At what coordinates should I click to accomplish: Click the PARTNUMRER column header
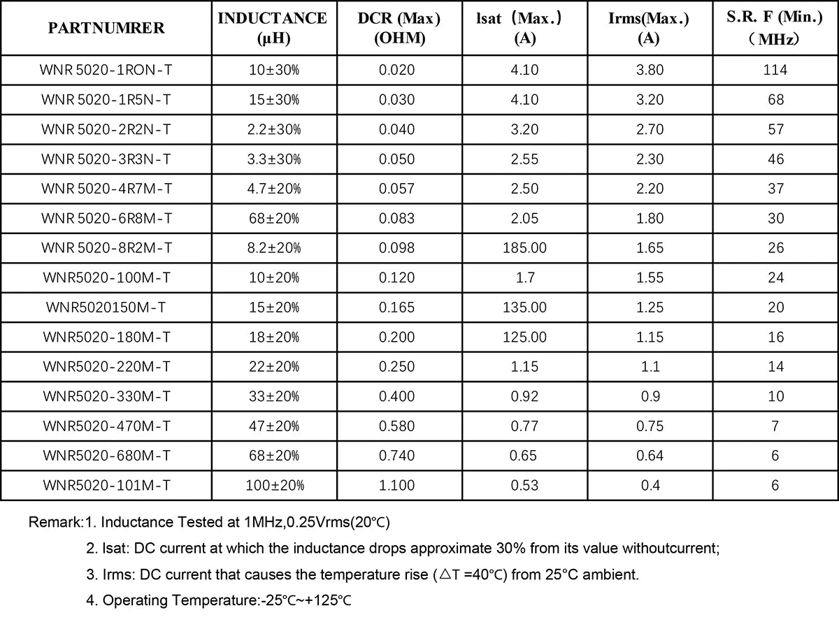pos(106,28)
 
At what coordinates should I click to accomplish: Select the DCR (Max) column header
pos(399,28)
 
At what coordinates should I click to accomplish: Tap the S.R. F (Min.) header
pos(775,28)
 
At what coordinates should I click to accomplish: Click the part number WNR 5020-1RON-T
pos(106,70)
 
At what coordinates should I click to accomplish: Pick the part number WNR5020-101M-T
pos(106,485)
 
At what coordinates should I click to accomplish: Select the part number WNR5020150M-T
pos(106,308)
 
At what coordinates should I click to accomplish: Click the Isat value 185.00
pos(524,248)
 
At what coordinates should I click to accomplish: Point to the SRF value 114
pos(775,70)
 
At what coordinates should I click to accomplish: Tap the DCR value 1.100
pos(396,485)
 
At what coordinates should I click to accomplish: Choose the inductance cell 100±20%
pos(275,485)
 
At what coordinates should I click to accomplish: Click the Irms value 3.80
pos(650,70)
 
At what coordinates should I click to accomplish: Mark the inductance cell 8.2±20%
pos(275,248)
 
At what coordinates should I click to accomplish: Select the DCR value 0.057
pos(396,189)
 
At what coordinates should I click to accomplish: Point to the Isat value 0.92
pos(524,396)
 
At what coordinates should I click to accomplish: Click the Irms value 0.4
pos(650,485)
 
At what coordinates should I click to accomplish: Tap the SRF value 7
pos(775,426)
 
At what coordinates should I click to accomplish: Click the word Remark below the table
pos(54,522)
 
